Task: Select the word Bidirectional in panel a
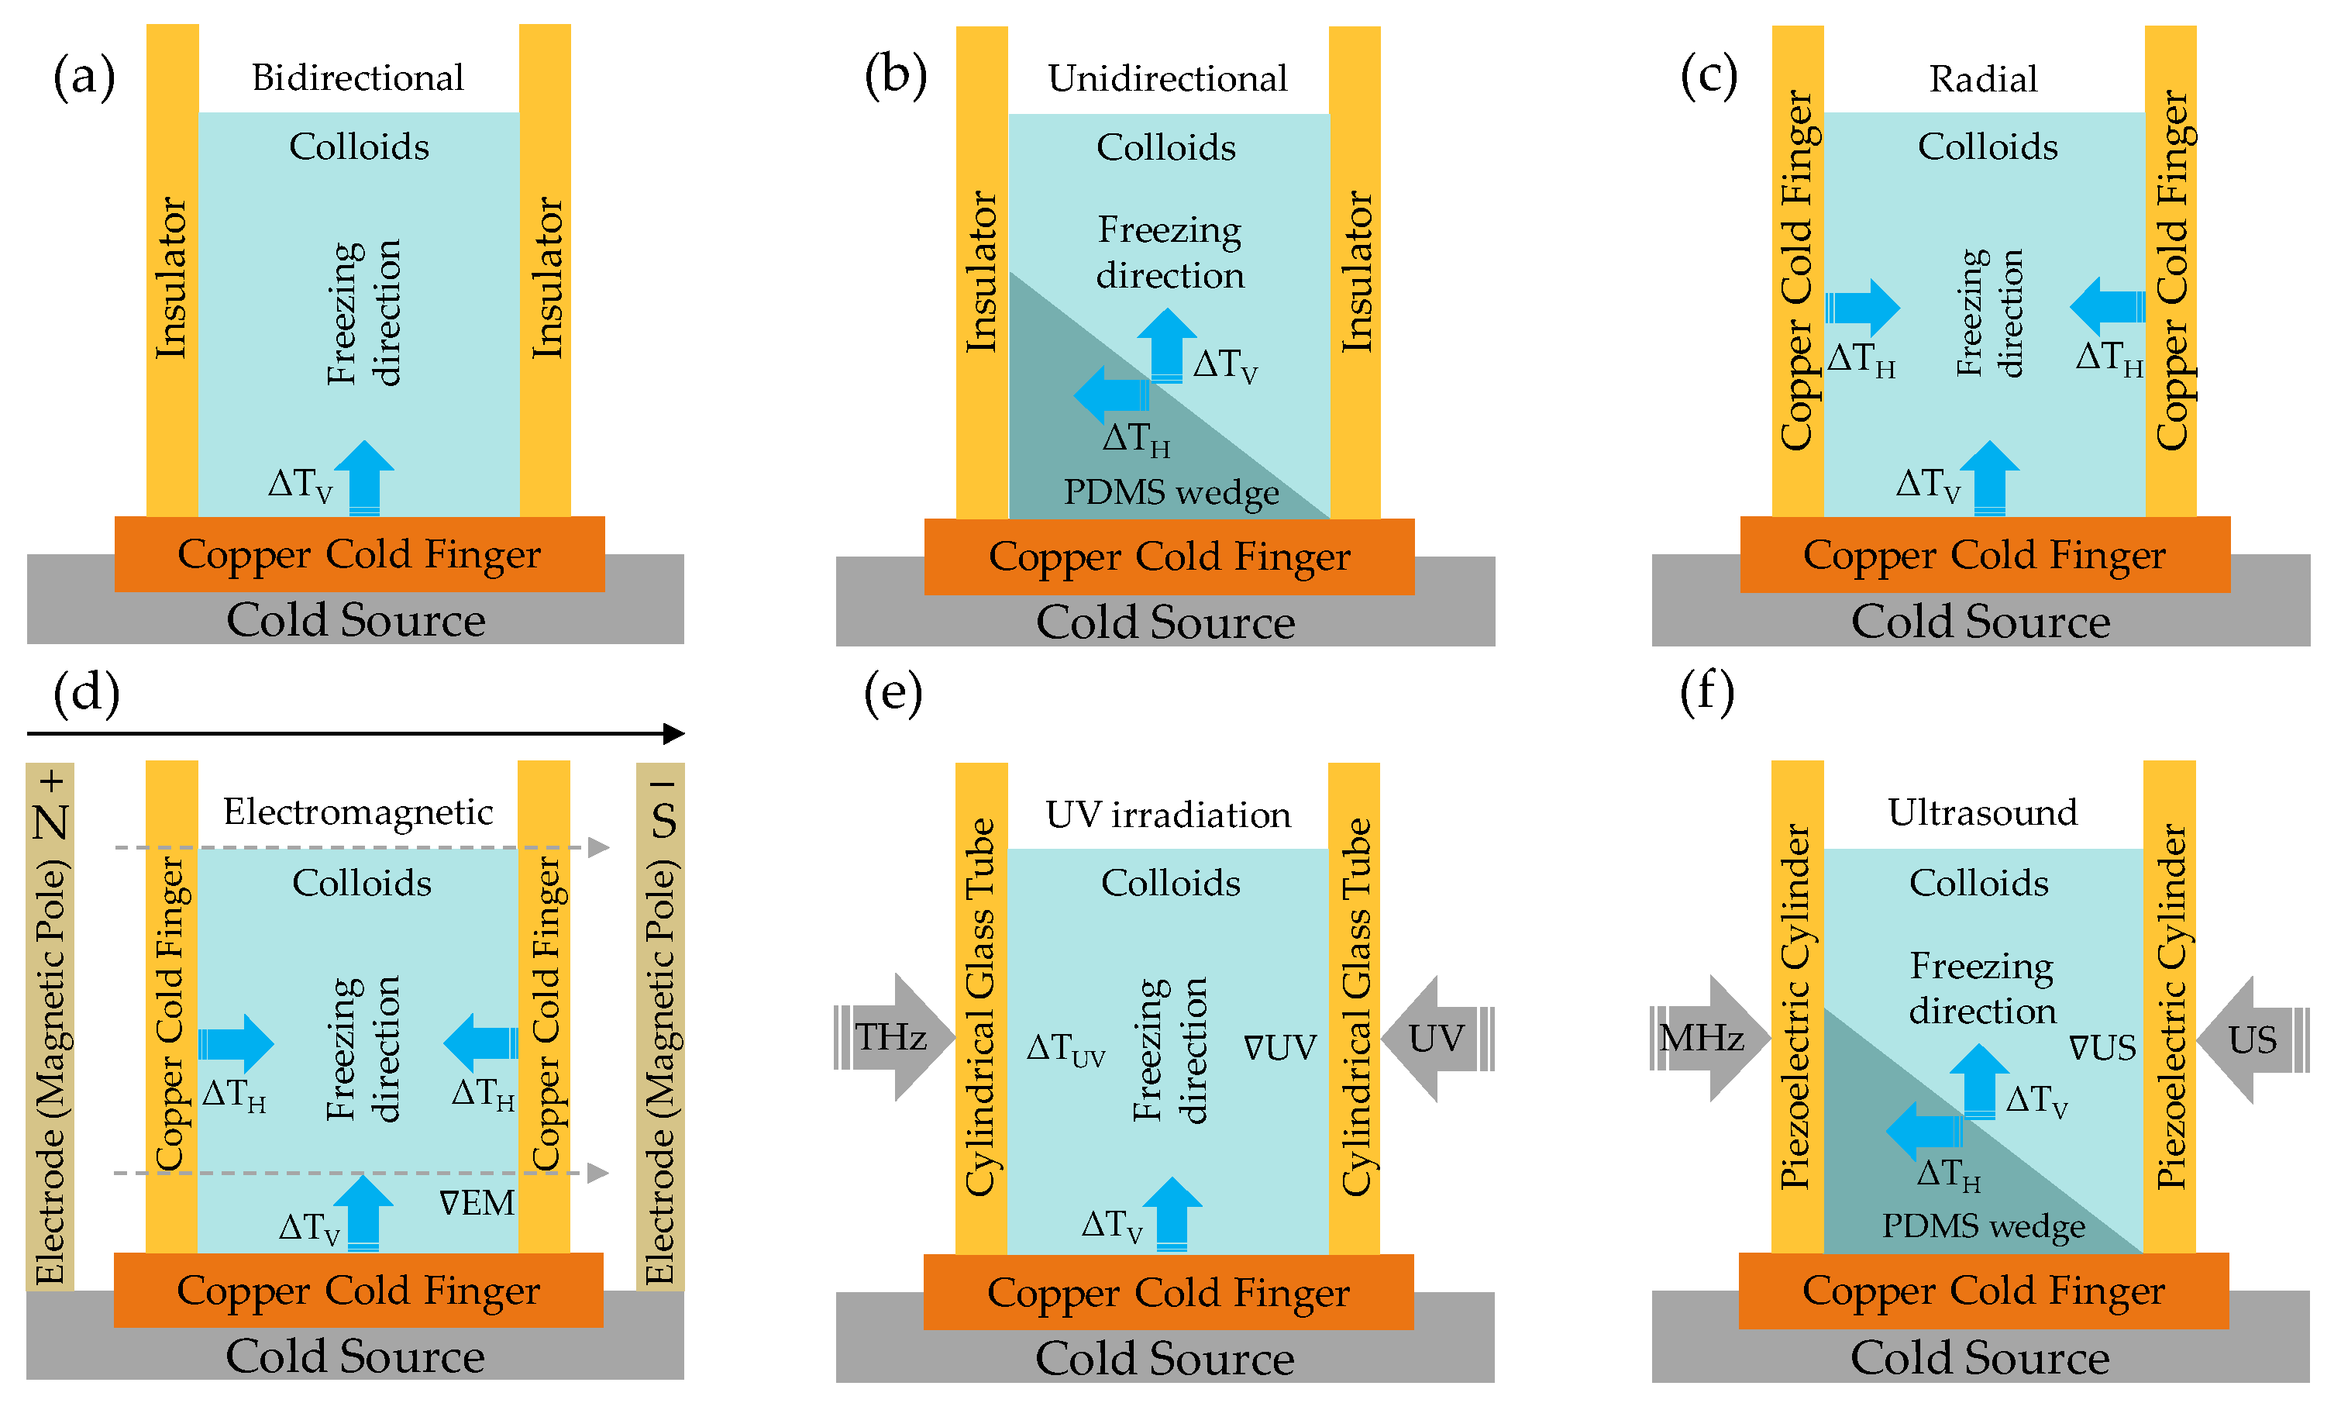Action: pos(357,78)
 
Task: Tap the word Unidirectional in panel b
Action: pos(1167,78)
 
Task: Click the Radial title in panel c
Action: pos(1982,79)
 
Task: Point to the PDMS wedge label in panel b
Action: pos(1170,492)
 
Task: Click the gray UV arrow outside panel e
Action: pos(1437,1038)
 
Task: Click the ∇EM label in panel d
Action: pos(477,1202)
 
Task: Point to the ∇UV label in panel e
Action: pos(1279,1047)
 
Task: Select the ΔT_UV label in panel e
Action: pos(1065,1049)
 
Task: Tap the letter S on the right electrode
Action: pos(663,821)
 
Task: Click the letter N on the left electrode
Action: pos(51,822)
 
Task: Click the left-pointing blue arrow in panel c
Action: pos(2105,306)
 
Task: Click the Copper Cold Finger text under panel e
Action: pos(1168,1292)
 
